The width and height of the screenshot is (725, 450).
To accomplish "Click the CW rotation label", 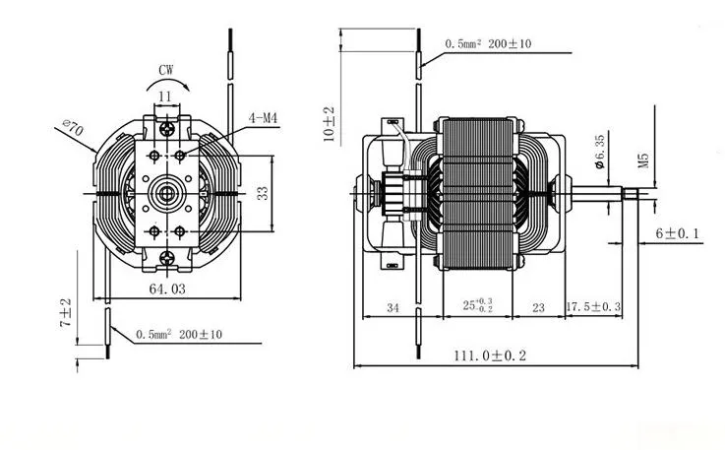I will click(x=166, y=70).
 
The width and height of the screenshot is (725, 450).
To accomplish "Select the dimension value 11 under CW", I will click(x=164, y=96).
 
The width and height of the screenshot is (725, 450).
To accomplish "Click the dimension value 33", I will click(x=263, y=193).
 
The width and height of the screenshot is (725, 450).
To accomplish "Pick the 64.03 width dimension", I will click(x=166, y=289).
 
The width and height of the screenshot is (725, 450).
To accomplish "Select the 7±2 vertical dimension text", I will click(x=65, y=312).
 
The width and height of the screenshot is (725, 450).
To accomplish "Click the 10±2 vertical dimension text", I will click(x=330, y=125).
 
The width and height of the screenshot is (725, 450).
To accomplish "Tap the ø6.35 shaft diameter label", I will click(x=600, y=156).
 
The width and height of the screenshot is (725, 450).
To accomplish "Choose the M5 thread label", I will click(x=645, y=157).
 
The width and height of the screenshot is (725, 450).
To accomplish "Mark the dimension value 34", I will click(x=392, y=308).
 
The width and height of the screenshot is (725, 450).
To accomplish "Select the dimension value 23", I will click(x=538, y=308).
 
